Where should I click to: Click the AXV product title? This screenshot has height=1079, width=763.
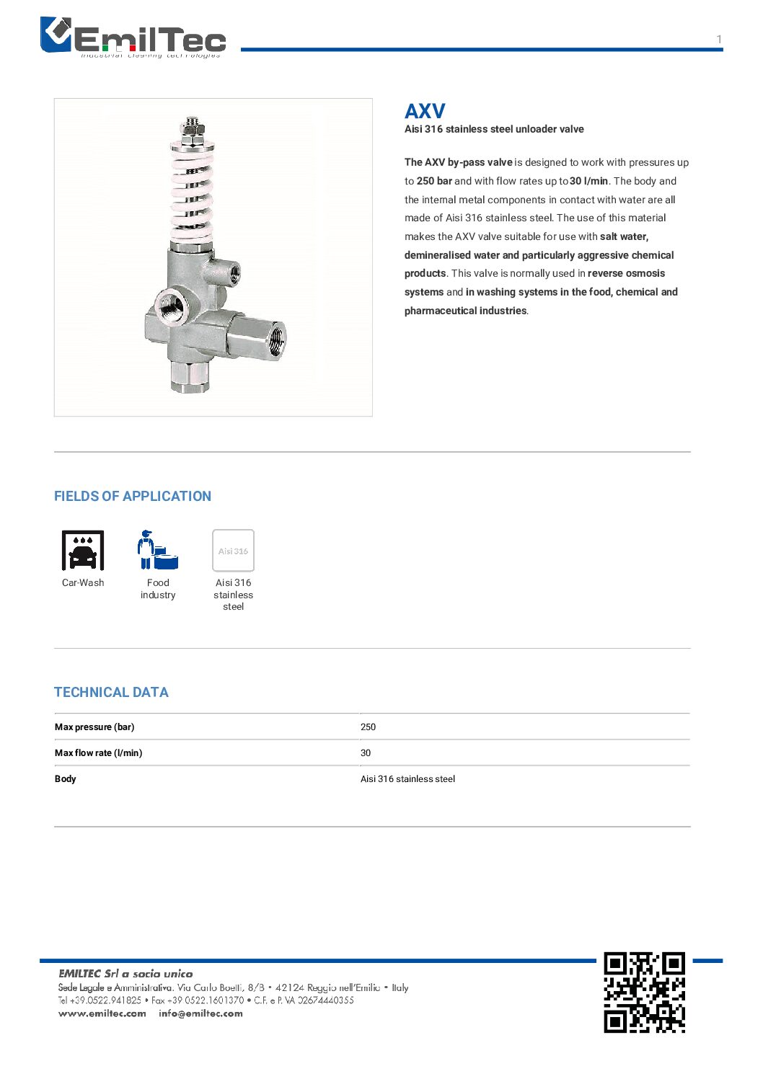[425, 111]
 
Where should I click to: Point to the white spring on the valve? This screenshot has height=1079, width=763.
[193, 191]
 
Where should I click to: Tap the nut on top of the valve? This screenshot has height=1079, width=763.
[191, 128]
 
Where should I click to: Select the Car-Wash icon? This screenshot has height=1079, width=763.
[83, 550]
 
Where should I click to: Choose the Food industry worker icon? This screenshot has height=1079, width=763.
[157, 550]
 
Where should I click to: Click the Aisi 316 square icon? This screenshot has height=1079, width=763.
[233, 551]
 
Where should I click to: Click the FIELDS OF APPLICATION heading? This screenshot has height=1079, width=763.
[133, 496]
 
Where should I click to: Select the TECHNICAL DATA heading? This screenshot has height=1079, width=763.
[111, 692]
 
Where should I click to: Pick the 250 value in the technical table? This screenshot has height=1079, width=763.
[368, 727]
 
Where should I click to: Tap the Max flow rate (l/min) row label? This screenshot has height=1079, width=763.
[99, 752]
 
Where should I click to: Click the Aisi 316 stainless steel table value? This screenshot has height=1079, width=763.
[407, 778]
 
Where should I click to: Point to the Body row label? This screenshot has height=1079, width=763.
[66, 778]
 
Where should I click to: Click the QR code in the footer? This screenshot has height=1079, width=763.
[644, 993]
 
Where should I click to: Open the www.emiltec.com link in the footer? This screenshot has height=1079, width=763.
[102, 1013]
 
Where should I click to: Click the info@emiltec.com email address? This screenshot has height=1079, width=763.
[200, 1013]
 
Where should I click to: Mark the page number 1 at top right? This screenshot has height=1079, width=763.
[719, 40]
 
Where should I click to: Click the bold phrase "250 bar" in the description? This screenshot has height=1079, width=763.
[434, 181]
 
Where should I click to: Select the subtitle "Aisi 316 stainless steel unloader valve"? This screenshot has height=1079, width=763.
[494, 129]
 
